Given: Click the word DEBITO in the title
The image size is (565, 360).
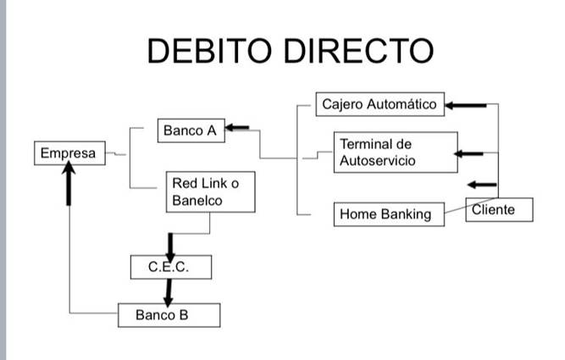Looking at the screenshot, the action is tap(209, 51).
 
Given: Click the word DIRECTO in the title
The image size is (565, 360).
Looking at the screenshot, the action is tap(359, 51).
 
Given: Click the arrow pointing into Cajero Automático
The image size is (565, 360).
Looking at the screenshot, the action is tap(466, 106).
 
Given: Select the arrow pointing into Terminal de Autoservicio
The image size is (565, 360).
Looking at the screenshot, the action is tap(468, 154).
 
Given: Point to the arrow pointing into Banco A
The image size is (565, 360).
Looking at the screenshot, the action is tap(236, 128).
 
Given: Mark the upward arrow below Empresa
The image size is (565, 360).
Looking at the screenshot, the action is tap(69, 184).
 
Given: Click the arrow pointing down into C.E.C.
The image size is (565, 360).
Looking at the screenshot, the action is tap(170, 247).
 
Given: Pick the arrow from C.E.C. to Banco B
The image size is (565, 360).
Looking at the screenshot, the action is tap(169, 293).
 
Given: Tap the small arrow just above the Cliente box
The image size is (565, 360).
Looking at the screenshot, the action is tap(482, 185).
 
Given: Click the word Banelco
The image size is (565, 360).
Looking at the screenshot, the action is tap(197, 201).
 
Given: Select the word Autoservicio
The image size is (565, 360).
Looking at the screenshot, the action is tap(378, 161).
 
